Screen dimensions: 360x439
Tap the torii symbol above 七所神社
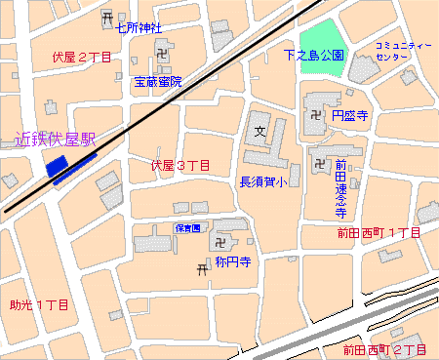(106, 17)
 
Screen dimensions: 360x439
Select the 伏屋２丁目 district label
(83, 59)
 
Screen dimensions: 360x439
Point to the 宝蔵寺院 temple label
(158, 83)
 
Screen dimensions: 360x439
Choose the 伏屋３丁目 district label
(180, 166)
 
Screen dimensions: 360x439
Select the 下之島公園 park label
(314, 56)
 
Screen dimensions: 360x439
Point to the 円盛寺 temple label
(349, 115)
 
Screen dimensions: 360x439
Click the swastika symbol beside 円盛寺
(316, 115)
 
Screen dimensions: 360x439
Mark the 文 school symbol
(259, 130)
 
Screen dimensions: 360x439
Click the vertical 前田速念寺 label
(341, 188)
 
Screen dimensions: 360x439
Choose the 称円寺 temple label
(234, 262)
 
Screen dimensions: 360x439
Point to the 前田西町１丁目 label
(379, 234)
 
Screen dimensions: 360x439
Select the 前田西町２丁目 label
(384, 349)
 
